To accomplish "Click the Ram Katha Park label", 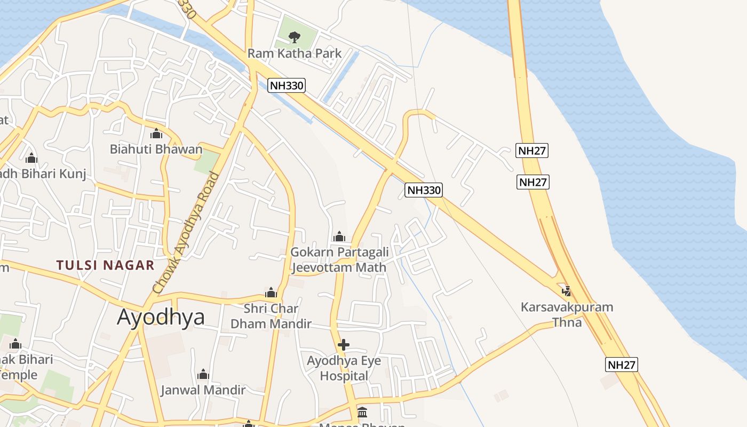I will (x=294, y=54).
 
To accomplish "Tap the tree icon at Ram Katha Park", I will (x=293, y=37).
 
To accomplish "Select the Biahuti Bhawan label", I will (x=156, y=149).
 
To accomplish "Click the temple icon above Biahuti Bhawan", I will (x=156, y=133).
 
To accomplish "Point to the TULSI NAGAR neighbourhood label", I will (x=105, y=265).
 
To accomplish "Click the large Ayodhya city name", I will (x=161, y=317).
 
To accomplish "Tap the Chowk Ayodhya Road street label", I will (x=186, y=233).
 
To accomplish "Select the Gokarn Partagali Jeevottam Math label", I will (x=339, y=259).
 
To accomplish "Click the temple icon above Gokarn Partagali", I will (x=339, y=236).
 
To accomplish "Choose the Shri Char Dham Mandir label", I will (x=271, y=316).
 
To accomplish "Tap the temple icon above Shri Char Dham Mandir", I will (x=271, y=292).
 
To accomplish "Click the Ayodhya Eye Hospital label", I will (x=344, y=368).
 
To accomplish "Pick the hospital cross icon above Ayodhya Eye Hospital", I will (x=344, y=345).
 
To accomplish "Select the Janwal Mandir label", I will (x=203, y=390).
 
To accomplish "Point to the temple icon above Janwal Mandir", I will (x=203, y=374).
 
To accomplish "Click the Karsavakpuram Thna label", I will (x=567, y=314).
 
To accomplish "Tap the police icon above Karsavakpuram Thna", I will (x=567, y=291).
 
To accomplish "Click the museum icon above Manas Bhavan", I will (x=362, y=412).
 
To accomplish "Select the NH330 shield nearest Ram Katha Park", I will (x=287, y=85).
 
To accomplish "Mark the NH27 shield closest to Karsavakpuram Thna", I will (x=622, y=365).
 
